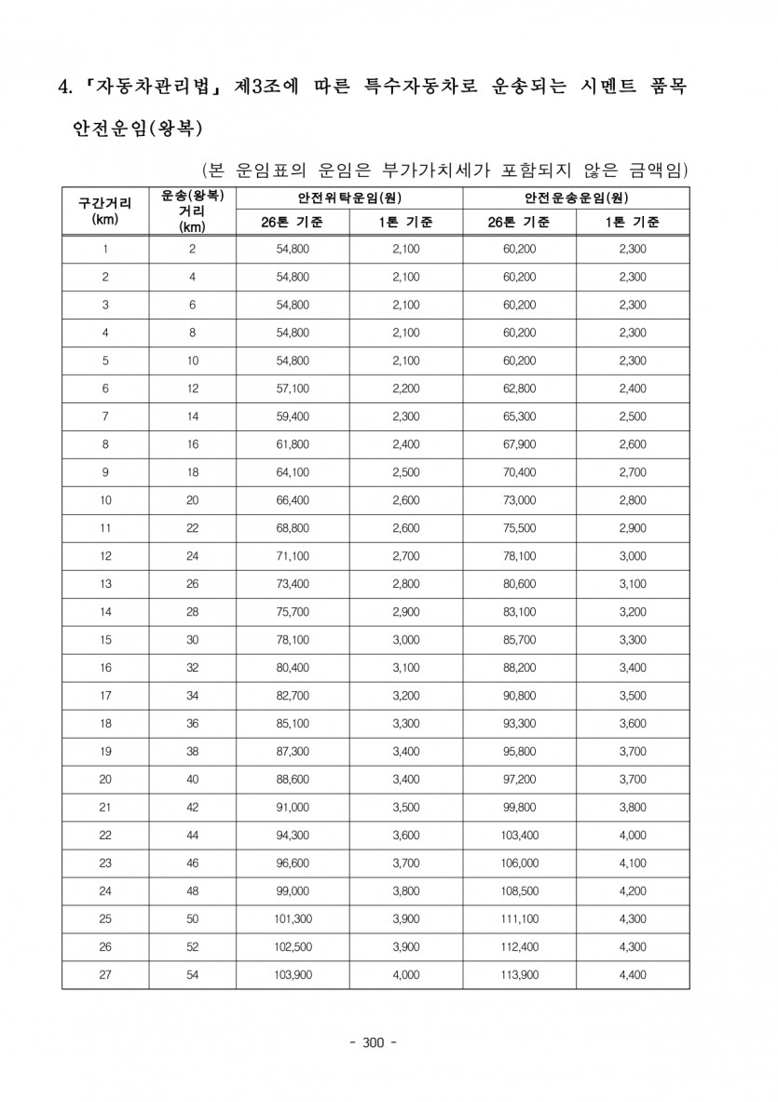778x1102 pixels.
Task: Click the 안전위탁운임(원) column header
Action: [349, 198]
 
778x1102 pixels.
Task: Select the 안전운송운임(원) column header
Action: [576, 198]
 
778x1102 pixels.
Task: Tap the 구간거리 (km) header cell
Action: [105, 211]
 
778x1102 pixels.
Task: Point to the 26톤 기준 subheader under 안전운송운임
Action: [519, 223]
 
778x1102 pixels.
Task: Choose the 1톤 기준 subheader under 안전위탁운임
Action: [406, 223]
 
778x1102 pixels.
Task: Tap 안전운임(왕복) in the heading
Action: [138, 127]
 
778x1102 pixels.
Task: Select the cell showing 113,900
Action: [519, 974]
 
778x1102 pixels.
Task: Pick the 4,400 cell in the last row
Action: [632, 974]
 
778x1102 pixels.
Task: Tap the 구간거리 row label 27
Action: [105, 974]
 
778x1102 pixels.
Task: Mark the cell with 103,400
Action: [519, 835]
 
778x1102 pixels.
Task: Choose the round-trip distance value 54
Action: [193, 974]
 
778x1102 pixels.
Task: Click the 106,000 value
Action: [519, 863]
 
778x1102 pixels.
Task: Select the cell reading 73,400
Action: [293, 584]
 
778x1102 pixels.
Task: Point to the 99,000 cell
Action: [293, 891]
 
